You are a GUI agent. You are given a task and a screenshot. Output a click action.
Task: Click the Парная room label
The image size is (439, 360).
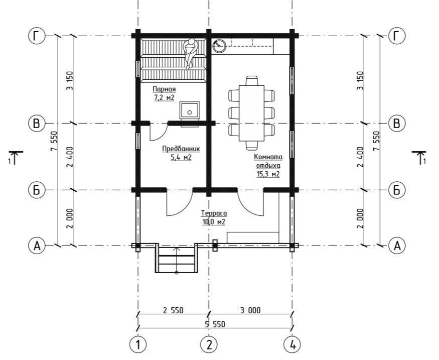[164, 89]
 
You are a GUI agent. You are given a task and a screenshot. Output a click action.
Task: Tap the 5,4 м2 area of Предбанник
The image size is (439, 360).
[181, 158]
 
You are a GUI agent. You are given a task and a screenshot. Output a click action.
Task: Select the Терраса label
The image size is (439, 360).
[214, 213]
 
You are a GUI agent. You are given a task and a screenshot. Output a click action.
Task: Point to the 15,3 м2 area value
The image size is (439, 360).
[268, 174]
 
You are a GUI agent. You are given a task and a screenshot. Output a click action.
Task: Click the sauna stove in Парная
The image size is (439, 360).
[190, 110]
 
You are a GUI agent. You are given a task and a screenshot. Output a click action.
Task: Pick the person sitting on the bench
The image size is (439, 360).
[190, 53]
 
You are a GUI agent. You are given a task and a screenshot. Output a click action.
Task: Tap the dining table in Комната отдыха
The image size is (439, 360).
[251, 113]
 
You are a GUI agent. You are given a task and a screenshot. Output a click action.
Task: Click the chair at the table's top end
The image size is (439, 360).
[251, 81]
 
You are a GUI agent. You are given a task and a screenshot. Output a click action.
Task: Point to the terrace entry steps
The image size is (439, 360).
[177, 258]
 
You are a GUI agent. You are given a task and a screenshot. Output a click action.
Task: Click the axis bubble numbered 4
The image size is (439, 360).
[292, 344]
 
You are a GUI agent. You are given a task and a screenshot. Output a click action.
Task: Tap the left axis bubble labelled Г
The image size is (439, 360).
[37, 36]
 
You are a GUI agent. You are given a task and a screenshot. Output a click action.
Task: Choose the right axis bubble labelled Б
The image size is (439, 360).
[397, 190]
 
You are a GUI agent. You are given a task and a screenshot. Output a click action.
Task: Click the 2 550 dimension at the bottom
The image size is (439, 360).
[173, 310]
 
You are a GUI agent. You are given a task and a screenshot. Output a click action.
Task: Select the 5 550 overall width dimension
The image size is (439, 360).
[215, 324]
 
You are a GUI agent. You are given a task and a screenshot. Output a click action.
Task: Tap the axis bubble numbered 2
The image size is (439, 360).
[209, 344]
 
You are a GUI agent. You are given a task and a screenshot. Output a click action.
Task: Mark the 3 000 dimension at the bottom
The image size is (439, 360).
[250, 310]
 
